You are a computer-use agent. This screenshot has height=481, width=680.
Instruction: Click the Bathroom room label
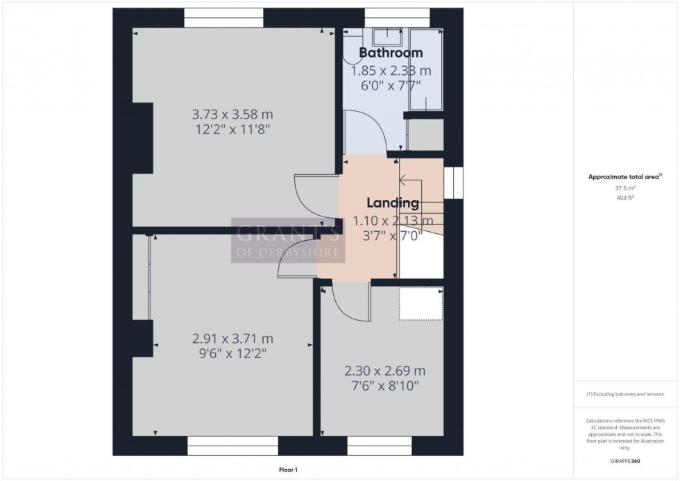coord(391,53)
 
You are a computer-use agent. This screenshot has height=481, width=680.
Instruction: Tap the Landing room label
coord(393,203)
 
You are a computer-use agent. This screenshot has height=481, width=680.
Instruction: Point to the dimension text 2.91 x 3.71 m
coord(232,339)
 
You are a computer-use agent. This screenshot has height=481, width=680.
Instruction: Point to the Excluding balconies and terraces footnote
coord(624,394)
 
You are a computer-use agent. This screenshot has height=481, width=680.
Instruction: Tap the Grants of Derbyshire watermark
coord(287,240)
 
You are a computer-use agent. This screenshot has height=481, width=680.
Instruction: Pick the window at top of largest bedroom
coord(223,17)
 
